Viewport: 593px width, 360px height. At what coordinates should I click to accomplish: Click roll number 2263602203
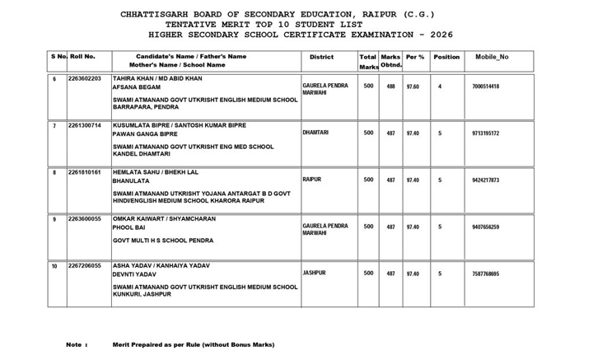(85, 78)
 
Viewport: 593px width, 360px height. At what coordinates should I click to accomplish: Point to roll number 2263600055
(85, 220)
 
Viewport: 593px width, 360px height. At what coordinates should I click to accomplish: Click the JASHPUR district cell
(315, 273)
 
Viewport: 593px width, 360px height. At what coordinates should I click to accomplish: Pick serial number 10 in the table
(54, 267)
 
